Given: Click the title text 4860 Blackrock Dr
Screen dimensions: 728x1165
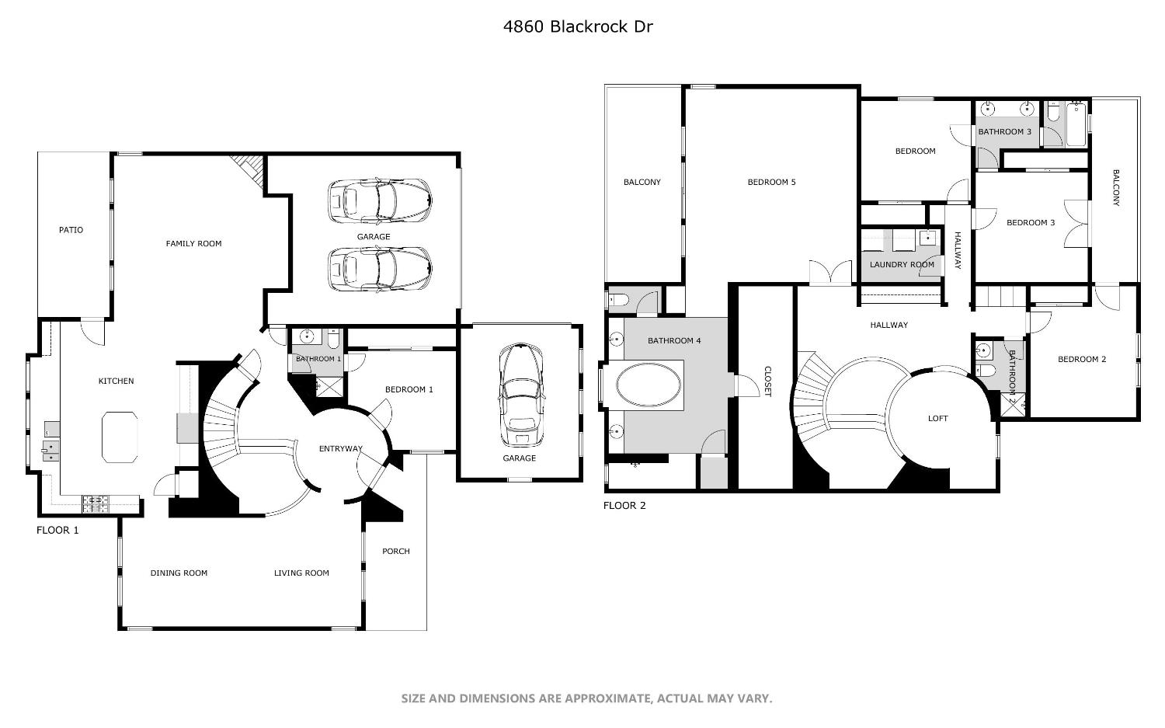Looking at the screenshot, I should (x=578, y=26).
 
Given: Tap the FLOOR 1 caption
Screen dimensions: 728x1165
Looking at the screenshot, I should (x=57, y=531).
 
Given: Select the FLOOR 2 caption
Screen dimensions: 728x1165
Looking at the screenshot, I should (x=624, y=506).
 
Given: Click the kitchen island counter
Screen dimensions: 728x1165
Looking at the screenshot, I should (x=120, y=437).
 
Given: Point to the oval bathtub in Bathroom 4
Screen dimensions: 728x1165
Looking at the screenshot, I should (x=649, y=386).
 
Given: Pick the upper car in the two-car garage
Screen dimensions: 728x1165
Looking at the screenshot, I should (x=380, y=200).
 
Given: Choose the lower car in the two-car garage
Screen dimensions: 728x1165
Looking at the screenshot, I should (x=380, y=268).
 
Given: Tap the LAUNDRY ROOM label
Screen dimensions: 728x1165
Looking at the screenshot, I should (x=902, y=265).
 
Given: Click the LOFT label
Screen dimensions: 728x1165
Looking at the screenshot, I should (x=938, y=419).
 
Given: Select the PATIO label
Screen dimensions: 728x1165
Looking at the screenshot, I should (x=71, y=230).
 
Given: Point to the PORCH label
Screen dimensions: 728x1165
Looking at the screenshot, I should (x=396, y=552).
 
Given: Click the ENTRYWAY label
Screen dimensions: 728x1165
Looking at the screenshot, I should (x=341, y=449).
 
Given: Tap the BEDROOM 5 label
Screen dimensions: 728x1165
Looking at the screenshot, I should (x=771, y=183).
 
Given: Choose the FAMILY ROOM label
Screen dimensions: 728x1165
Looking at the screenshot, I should (x=193, y=244).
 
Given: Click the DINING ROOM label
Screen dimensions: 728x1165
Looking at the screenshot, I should (x=179, y=573).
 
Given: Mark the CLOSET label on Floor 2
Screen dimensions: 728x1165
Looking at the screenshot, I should (x=767, y=381).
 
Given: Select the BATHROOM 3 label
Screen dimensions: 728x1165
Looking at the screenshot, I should (x=1004, y=132).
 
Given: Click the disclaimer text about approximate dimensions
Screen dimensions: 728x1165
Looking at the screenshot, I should (x=586, y=698).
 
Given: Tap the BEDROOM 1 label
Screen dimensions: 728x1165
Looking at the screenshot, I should (x=409, y=390).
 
